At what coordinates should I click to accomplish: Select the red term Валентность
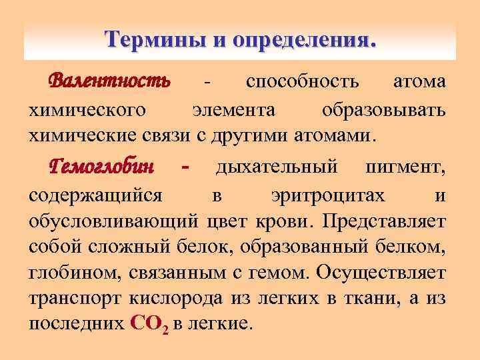[x=110, y=81]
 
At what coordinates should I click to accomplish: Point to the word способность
[x=303, y=83]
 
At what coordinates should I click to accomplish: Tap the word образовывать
[x=383, y=109]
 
